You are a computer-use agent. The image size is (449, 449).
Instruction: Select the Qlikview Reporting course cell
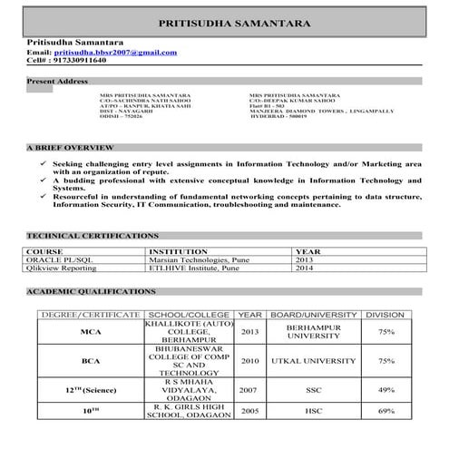point(63,268)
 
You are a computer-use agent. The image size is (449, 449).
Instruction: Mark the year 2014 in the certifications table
point(304,268)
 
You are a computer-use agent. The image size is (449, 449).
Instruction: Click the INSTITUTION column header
point(178,250)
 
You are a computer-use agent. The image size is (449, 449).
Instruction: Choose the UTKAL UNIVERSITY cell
point(313,361)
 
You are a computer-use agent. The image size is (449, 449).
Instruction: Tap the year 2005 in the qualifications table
point(250,411)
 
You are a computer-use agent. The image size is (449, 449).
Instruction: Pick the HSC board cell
point(313,411)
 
